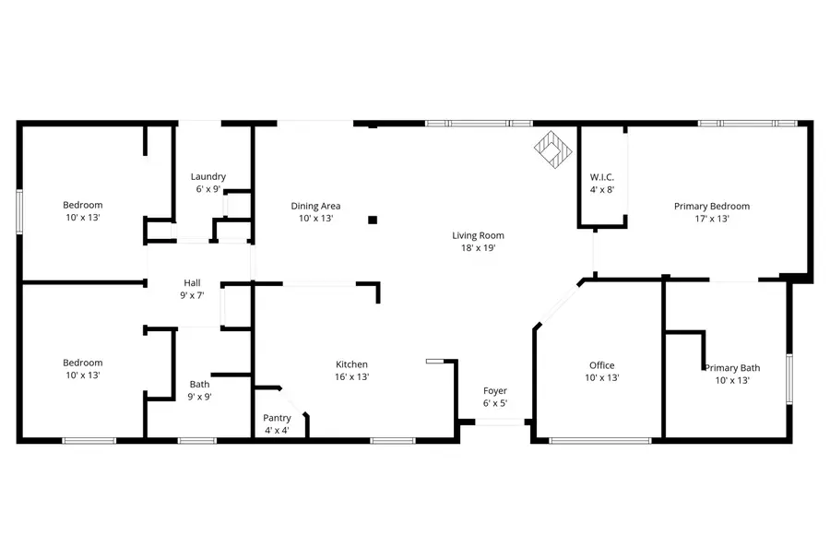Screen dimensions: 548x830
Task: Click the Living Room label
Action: (x=478, y=235)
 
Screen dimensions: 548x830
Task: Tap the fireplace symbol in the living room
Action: (x=554, y=150)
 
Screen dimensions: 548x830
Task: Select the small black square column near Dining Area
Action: (x=373, y=220)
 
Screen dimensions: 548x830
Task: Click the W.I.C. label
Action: (x=602, y=177)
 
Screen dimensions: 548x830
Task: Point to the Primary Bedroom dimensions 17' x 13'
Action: (x=711, y=220)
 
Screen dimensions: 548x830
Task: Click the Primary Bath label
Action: (x=737, y=367)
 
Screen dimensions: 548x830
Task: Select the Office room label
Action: (x=601, y=365)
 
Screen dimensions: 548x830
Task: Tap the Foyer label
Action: (x=495, y=391)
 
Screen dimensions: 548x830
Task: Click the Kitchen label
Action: (x=351, y=364)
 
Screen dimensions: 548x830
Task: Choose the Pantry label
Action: (x=277, y=418)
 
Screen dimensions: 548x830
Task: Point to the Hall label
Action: (x=191, y=283)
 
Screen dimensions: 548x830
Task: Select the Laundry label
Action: (x=207, y=176)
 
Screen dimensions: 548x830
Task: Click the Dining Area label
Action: (x=315, y=206)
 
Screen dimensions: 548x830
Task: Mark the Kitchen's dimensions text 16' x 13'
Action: (x=351, y=376)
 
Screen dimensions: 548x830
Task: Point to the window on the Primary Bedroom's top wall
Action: (x=747, y=123)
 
